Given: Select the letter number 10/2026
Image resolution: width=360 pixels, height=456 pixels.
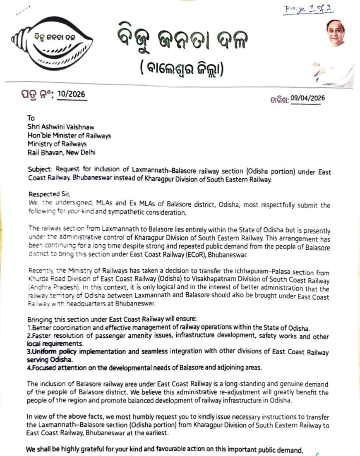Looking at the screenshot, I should (72, 94).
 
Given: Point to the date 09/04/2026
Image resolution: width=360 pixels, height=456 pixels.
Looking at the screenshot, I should (307, 98).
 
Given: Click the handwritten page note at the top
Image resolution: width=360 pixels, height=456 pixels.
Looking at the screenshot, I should (308, 9).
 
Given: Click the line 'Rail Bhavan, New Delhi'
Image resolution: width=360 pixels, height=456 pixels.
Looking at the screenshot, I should (62, 152).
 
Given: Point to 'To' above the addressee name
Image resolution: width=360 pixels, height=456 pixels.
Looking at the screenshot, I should (31, 118).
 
